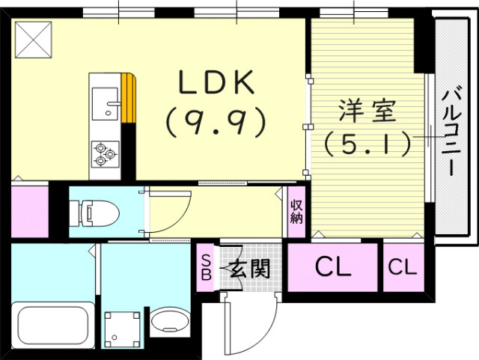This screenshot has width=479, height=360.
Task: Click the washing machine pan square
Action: (x=121, y=327)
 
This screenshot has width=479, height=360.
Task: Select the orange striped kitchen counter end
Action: (x=129, y=97)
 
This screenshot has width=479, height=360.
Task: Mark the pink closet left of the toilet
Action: (x=29, y=212)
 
